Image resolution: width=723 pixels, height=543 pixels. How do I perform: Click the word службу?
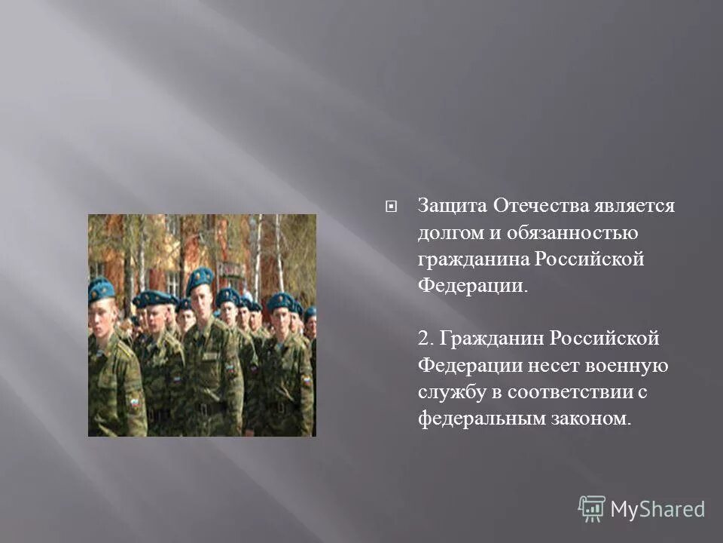(449, 393)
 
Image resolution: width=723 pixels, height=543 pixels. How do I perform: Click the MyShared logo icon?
(591, 509)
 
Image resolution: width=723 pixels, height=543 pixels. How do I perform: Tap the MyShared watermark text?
(657, 510)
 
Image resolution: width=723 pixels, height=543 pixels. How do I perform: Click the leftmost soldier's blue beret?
(101, 287)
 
